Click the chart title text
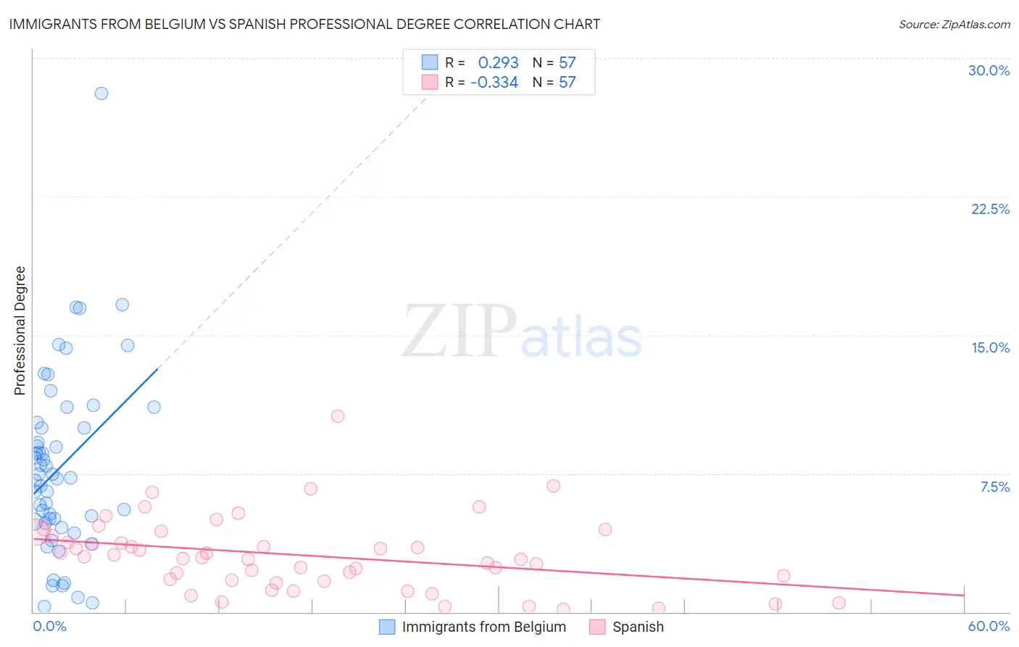click(304, 24)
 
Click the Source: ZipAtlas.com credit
click(954, 24)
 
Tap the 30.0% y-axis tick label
click(989, 70)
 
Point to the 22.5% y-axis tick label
click(990, 209)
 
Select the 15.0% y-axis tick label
click(990, 347)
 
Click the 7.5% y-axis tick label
click(994, 487)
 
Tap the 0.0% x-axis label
click(49, 626)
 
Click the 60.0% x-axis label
click(989, 626)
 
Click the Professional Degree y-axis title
click(20, 331)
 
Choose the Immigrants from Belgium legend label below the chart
click(483, 627)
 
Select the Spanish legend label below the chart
click(638, 627)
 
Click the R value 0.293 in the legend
click(498, 63)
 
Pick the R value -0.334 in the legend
click(494, 83)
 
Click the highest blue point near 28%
click(101, 94)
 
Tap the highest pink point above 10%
click(338, 416)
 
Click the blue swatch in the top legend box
click(430, 62)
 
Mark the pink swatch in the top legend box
click(430, 82)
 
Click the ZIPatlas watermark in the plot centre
click(522, 332)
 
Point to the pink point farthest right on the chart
click(839, 603)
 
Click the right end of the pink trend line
click(964, 595)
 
